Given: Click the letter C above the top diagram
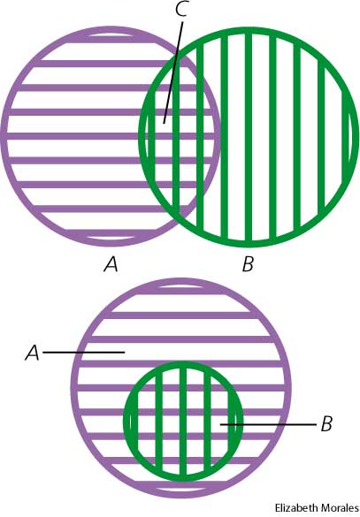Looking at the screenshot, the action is [x=181, y=9].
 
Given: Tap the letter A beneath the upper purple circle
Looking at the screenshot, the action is [x=111, y=264].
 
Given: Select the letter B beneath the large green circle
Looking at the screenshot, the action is [x=248, y=264].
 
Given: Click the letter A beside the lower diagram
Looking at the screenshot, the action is [x=33, y=354].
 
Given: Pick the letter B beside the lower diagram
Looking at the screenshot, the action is [x=326, y=424].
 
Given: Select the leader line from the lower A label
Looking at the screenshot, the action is [x=84, y=353].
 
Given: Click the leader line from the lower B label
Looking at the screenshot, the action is [x=268, y=424].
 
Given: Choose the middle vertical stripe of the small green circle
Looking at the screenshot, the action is [x=183, y=421].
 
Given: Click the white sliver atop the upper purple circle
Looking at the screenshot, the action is [x=111, y=35].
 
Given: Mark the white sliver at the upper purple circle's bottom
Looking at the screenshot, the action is [x=111, y=238].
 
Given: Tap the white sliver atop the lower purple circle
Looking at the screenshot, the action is [x=181, y=285].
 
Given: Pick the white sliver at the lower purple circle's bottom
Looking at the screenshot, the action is [x=181, y=489].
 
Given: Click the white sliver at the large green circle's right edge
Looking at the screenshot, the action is [x=351, y=137].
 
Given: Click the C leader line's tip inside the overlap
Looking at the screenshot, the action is [x=164, y=124].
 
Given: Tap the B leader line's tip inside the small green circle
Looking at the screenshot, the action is [x=221, y=424].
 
